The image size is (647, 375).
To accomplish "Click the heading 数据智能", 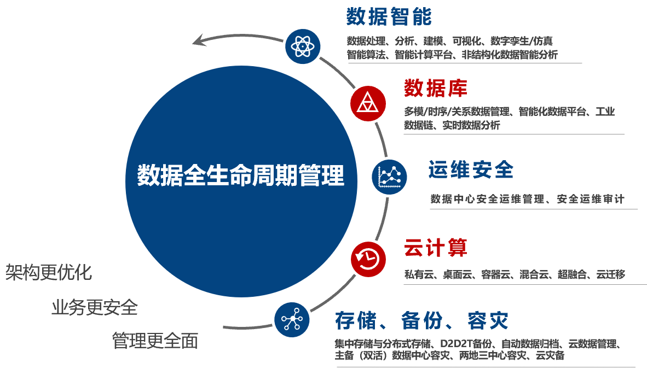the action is (389, 17).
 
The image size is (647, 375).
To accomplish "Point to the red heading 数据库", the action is (435, 87).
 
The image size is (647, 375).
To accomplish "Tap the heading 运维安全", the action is (471, 170).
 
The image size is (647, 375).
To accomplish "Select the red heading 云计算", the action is (435, 248).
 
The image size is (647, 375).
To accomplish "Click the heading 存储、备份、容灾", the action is (421, 320).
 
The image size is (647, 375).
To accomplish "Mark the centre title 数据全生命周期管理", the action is (241, 176).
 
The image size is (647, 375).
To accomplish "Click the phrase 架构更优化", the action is (49, 272).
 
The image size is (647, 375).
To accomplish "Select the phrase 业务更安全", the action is (94, 307).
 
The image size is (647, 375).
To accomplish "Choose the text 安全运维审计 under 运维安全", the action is (591, 199).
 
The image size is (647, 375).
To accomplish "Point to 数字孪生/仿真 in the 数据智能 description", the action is (522, 41).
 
